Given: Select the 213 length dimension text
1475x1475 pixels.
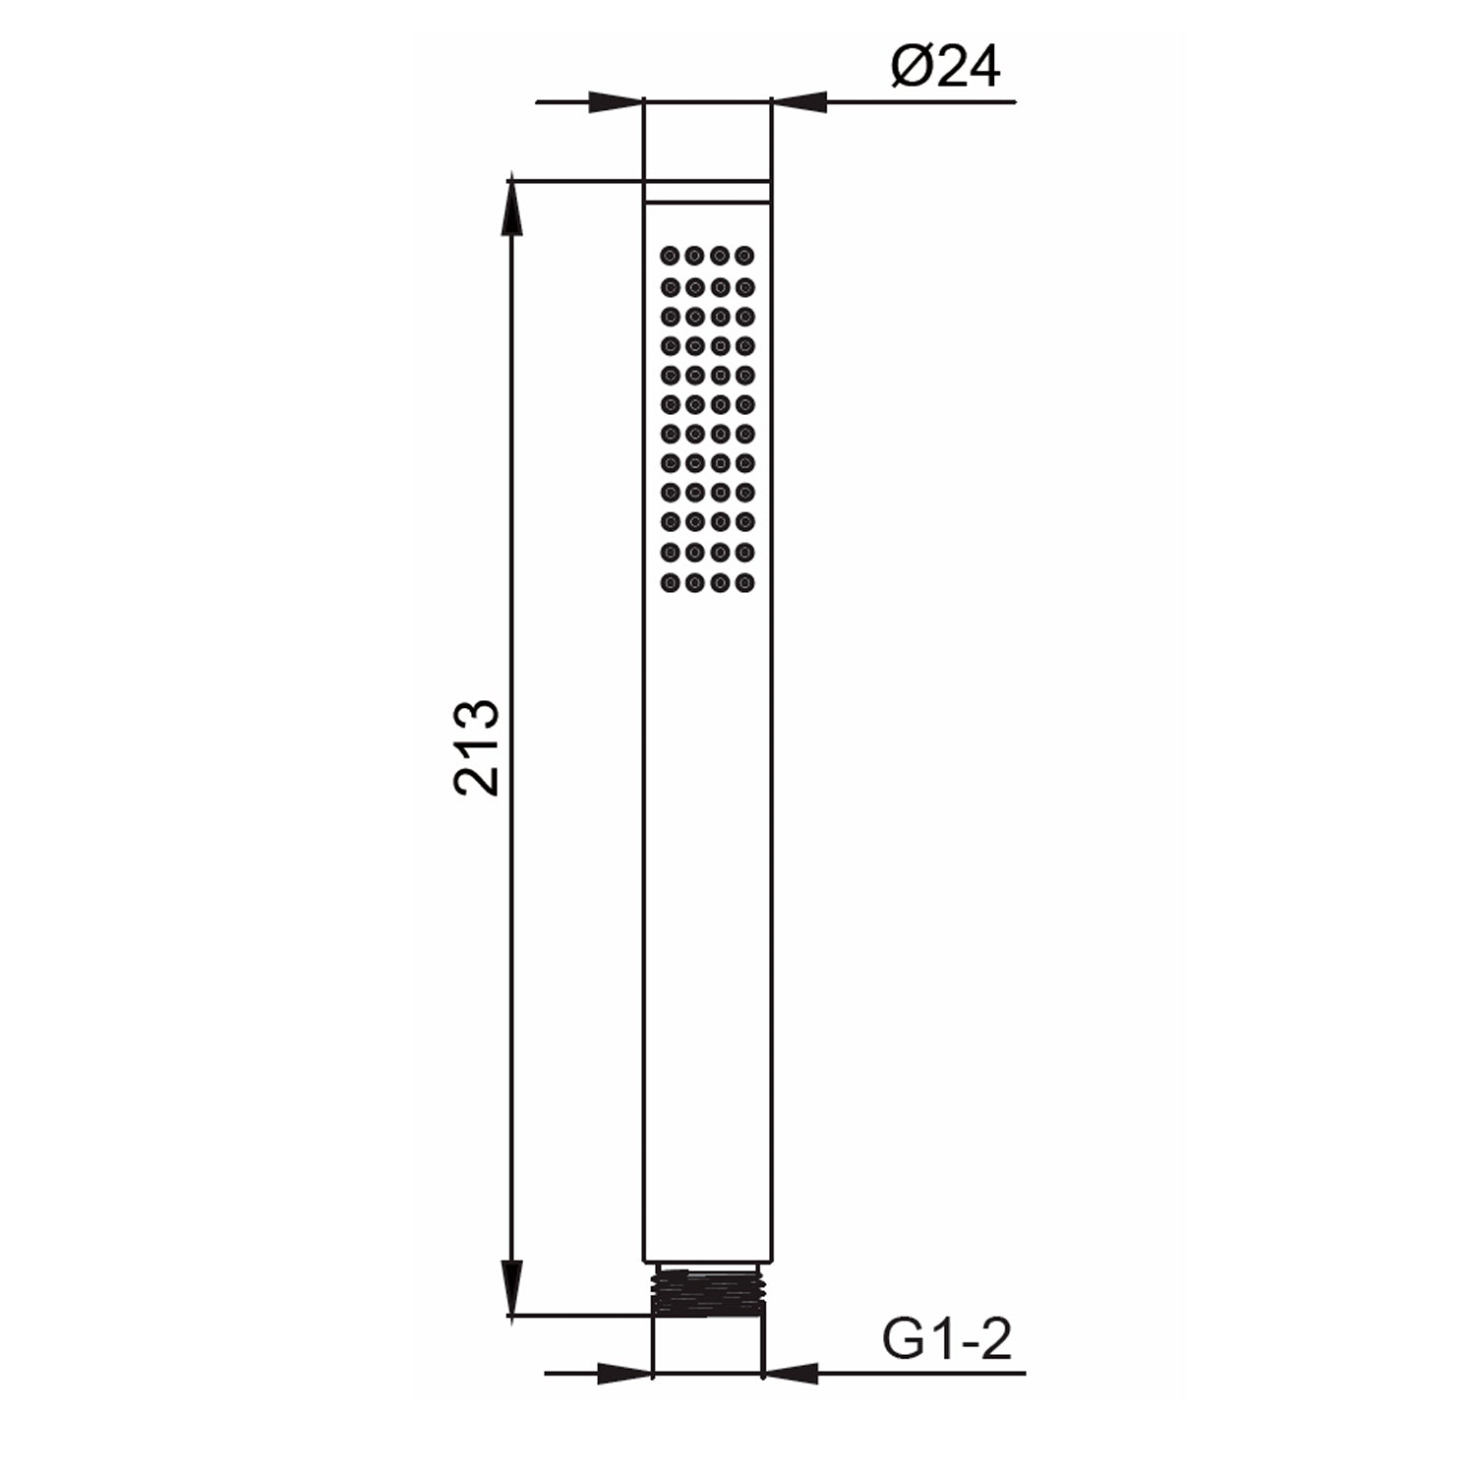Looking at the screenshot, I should [x=478, y=747].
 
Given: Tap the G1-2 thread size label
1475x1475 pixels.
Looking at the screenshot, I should [x=946, y=1339].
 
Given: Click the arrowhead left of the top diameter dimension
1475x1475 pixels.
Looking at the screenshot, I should [x=615, y=101].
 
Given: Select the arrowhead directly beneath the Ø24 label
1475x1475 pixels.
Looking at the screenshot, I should [x=798, y=101].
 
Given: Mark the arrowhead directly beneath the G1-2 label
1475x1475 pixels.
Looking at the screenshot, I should [x=792, y=1372].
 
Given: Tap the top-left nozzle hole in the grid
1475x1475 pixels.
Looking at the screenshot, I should [x=671, y=256].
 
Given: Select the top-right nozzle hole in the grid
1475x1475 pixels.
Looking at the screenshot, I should [x=745, y=256].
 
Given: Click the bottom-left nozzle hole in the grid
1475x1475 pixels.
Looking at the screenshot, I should [x=671, y=583].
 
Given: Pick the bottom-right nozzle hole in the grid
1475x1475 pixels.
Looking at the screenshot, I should [x=745, y=583].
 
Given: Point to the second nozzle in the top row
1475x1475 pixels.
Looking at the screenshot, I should [x=695, y=256].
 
